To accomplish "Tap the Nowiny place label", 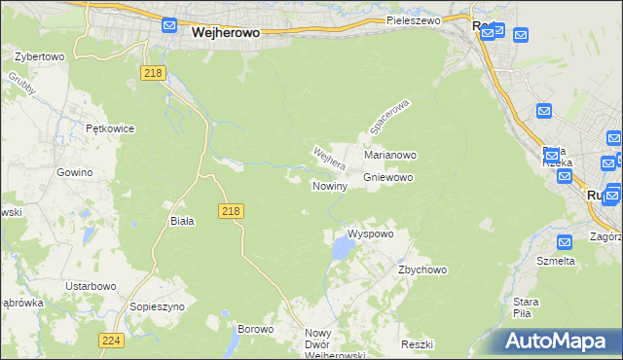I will point(329,186).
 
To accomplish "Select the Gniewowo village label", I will point(388,178).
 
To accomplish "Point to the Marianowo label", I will point(390,155).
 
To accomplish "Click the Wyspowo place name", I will point(371,234).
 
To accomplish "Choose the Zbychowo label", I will point(421,270).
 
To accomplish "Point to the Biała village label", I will point(182,221).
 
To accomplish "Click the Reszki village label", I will point(416,345).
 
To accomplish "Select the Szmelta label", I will point(556,261).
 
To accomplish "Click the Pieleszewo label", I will point(413,20).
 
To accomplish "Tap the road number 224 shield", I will point(110,340).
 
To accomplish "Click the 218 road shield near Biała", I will point(231,211).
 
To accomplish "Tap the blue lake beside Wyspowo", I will point(341,251).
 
